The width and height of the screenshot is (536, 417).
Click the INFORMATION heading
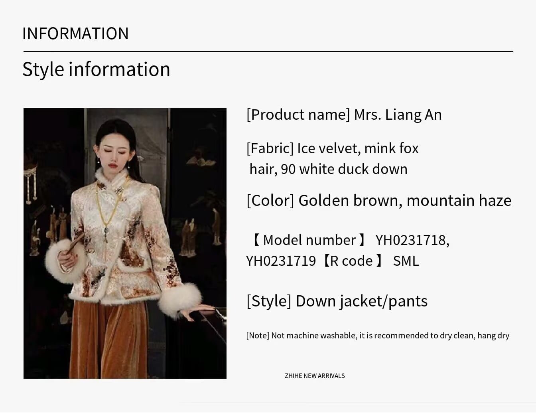click(x=75, y=33)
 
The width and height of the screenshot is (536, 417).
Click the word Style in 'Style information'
click(x=43, y=70)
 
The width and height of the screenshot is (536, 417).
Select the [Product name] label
click(x=298, y=115)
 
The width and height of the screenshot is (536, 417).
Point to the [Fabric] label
click(x=270, y=148)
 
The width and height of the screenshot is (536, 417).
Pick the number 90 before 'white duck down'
click(x=288, y=170)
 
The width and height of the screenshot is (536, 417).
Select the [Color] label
click(x=270, y=201)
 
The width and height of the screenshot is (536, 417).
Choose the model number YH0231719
click(x=281, y=261)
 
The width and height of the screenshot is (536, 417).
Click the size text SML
click(x=406, y=261)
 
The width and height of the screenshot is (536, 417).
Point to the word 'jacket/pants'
click(x=383, y=302)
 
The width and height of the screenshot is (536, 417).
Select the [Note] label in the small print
click(x=258, y=336)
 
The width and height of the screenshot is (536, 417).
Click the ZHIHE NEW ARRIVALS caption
click(x=315, y=376)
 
